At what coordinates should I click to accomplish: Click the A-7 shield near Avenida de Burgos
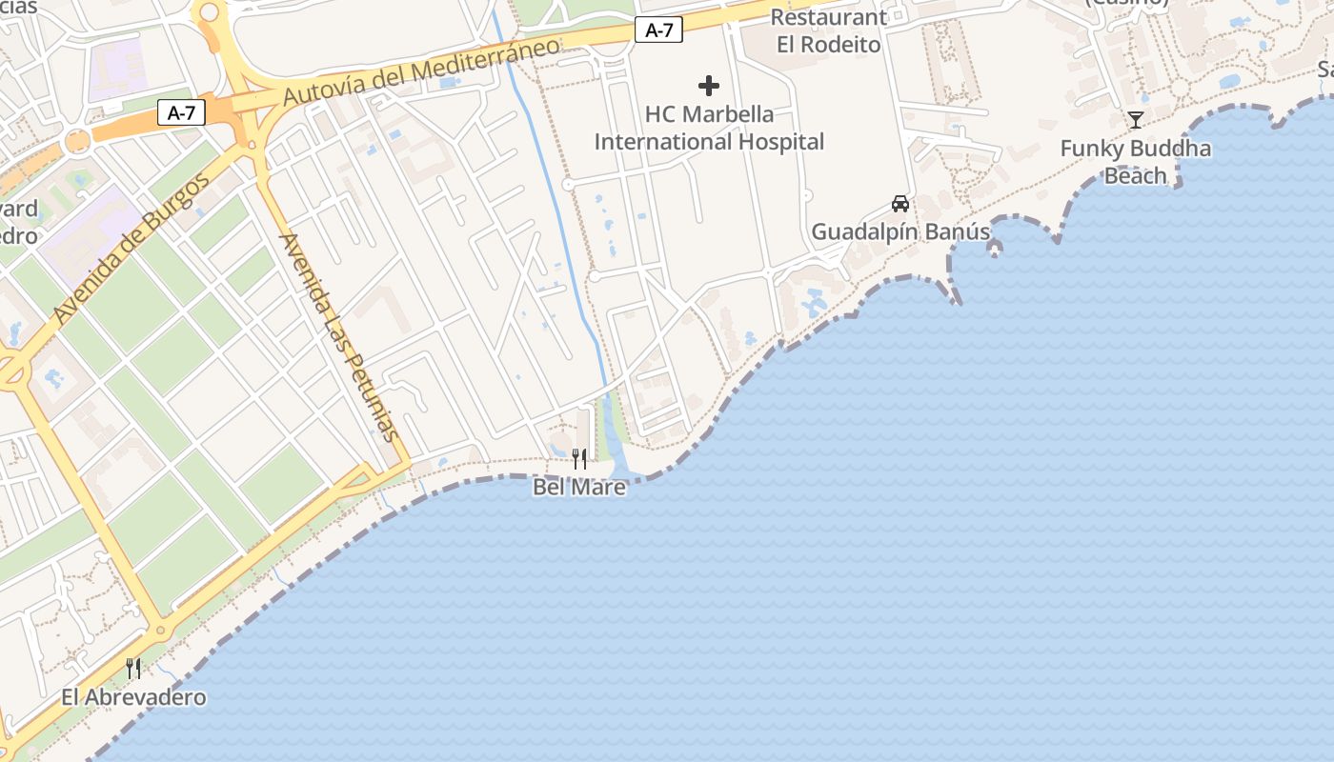pyautogui.click(x=181, y=113)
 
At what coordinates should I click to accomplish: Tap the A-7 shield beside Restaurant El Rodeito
pyautogui.click(x=659, y=30)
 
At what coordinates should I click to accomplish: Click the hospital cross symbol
pyautogui.click(x=709, y=87)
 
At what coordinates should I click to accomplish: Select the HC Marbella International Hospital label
pyautogui.click(x=709, y=129)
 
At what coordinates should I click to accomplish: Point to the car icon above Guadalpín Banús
pyautogui.click(x=900, y=204)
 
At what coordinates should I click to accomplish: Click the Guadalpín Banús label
pyautogui.click(x=900, y=231)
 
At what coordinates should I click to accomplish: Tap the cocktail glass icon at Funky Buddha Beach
pyautogui.click(x=1136, y=120)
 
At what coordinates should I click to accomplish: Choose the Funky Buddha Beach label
pyautogui.click(x=1136, y=162)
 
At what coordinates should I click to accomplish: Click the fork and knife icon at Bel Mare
pyautogui.click(x=579, y=460)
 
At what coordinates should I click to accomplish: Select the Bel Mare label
pyautogui.click(x=579, y=488)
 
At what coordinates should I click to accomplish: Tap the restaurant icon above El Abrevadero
pyautogui.click(x=133, y=669)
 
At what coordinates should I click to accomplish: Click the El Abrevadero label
pyautogui.click(x=133, y=697)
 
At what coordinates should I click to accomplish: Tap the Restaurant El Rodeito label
pyautogui.click(x=828, y=30)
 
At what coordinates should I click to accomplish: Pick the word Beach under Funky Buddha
pyautogui.click(x=1136, y=175)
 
